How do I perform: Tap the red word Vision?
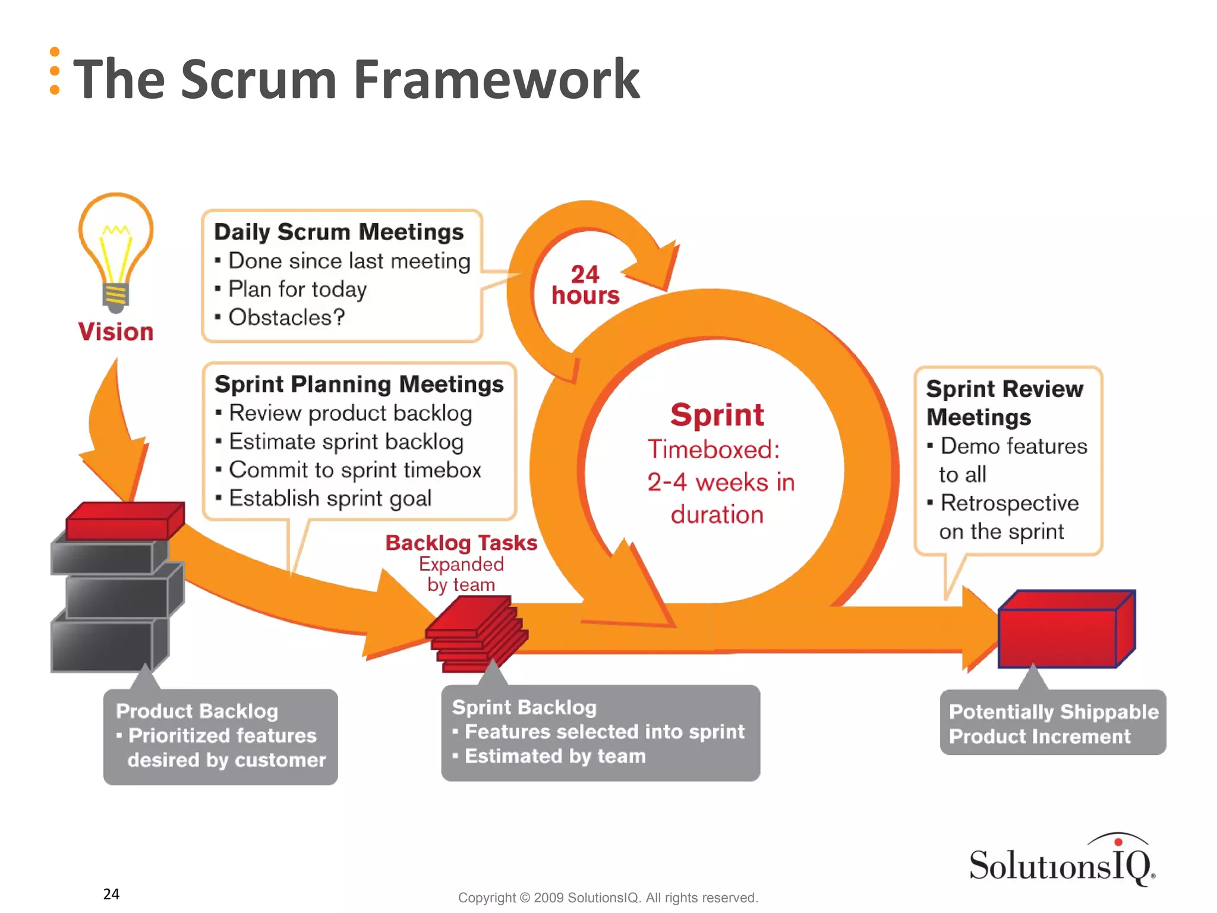116,332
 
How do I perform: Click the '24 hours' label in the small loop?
585,285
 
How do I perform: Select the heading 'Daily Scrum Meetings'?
339,232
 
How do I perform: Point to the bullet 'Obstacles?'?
286,317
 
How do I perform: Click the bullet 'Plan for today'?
297,289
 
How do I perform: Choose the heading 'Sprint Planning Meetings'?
359,385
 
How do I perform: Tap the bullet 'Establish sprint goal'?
330,498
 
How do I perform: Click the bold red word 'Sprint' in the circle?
717,415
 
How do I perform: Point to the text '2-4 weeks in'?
720,482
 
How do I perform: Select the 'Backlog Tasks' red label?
461,543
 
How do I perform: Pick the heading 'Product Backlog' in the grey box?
197,711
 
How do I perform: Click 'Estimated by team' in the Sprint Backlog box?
554,756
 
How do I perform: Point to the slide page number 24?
111,894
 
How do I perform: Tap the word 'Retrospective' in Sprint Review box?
1009,503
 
